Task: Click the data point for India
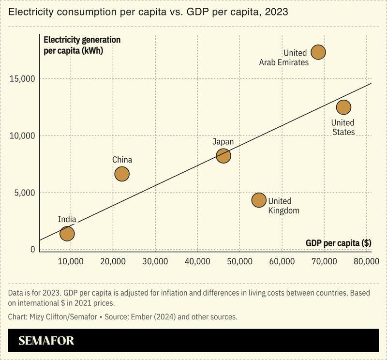(67, 234)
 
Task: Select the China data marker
(122, 174)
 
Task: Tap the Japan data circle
(223, 155)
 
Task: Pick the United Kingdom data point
(259, 200)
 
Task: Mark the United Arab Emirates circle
(318, 52)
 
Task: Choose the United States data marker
(343, 107)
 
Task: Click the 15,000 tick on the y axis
(23, 79)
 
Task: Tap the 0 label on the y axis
(33, 250)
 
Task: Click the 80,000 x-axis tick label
(365, 262)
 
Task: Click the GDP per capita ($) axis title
(339, 243)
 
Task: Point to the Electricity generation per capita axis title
(82, 45)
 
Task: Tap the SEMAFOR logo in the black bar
(46, 341)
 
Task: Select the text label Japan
(223, 142)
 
